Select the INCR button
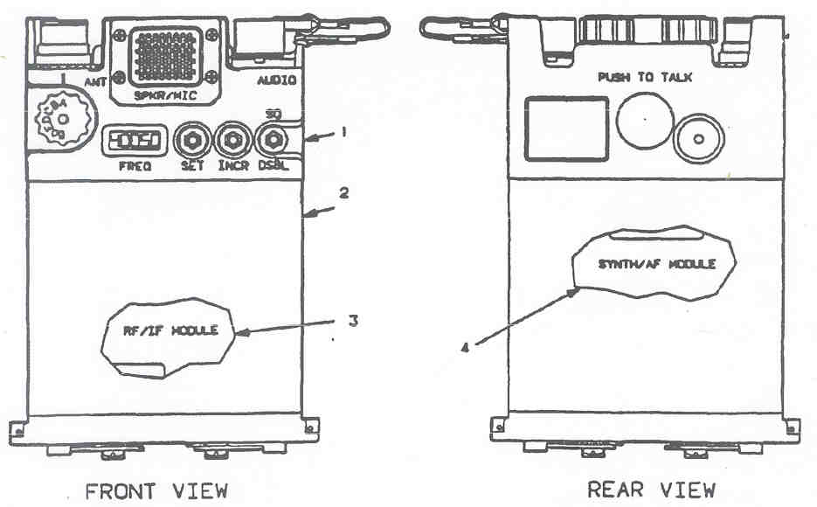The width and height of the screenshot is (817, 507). click(233, 140)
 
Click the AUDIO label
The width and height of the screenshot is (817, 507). click(276, 80)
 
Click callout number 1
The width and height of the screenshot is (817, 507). click(344, 132)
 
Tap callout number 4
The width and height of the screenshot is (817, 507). click(465, 348)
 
